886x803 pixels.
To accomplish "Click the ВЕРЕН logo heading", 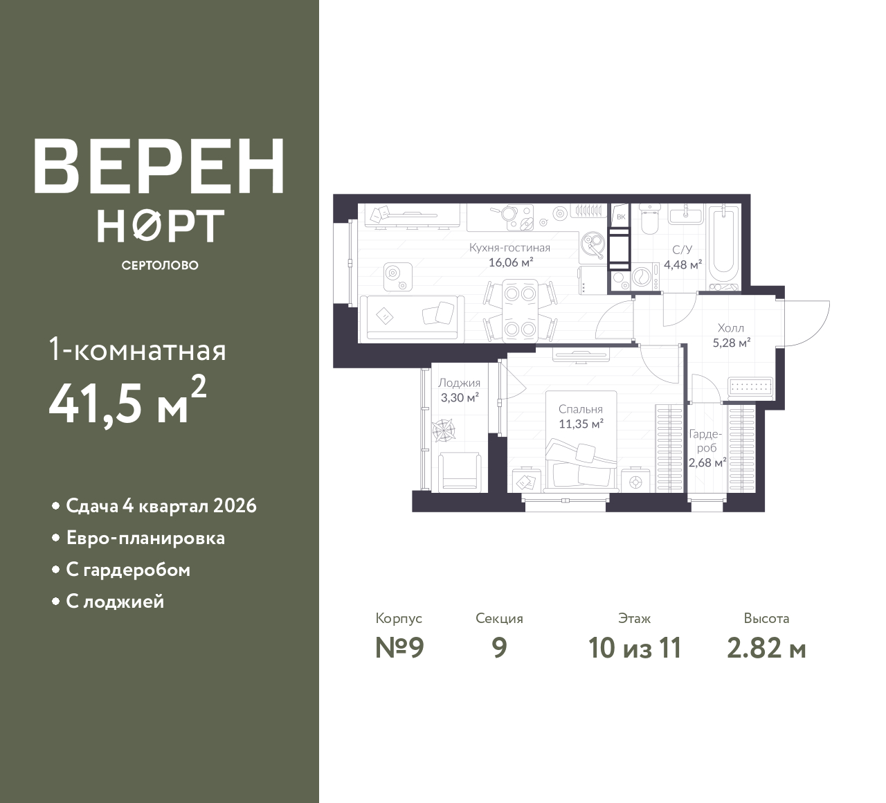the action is click(x=159, y=166).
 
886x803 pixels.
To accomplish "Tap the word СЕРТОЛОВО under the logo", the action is click(x=160, y=265).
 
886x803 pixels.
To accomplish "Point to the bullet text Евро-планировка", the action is click(x=145, y=538).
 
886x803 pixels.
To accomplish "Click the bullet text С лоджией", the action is click(x=115, y=601).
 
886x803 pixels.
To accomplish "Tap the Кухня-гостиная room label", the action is click(x=509, y=248).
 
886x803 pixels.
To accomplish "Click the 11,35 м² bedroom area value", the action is click(x=581, y=424).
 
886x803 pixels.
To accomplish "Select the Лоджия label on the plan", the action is click(x=460, y=383).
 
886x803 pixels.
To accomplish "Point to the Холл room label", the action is click(x=731, y=328).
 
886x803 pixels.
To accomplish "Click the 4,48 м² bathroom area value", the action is click(x=683, y=264).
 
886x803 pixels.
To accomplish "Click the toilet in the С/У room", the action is click(x=650, y=219).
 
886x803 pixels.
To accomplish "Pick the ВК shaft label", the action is click(x=621, y=217).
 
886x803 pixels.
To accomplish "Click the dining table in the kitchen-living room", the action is click(x=520, y=311).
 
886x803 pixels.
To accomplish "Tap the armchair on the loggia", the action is click(x=460, y=471).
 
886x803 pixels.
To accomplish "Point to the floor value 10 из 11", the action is click(x=635, y=649).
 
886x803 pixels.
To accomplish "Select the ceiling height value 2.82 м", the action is click(x=767, y=649).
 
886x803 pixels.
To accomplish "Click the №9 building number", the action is click(x=399, y=648).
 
